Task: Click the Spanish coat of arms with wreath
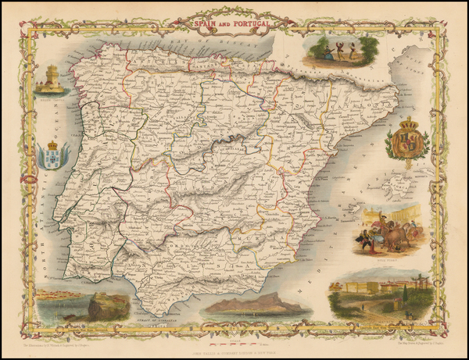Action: (408, 141)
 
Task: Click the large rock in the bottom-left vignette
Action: (102, 306)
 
